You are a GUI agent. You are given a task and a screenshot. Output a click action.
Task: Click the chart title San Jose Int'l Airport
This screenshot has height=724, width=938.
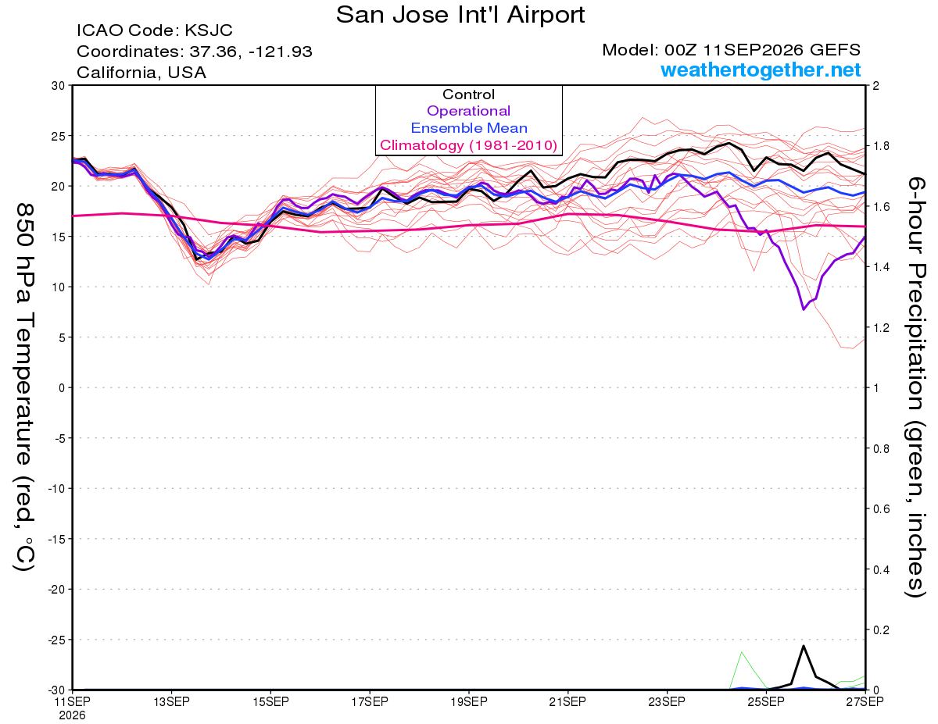pyautogui.click(x=460, y=15)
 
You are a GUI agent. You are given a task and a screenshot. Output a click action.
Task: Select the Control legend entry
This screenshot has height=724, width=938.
pyautogui.click(x=468, y=95)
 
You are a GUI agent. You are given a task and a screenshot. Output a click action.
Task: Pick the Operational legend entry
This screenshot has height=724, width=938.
pyautogui.click(x=468, y=111)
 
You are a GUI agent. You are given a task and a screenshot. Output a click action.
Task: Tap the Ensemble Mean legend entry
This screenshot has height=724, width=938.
pyautogui.click(x=469, y=128)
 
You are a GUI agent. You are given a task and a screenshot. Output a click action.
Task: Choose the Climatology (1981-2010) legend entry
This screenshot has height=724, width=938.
pyautogui.click(x=469, y=145)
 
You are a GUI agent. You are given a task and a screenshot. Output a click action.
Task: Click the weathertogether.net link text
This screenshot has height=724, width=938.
pyautogui.click(x=761, y=70)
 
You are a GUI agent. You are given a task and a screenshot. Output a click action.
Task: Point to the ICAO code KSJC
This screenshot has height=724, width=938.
pyautogui.click(x=209, y=30)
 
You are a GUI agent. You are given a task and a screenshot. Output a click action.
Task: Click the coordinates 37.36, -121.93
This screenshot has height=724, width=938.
pyautogui.click(x=251, y=52)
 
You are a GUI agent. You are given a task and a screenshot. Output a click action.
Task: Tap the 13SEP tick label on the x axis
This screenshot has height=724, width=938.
pyautogui.click(x=172, y=701)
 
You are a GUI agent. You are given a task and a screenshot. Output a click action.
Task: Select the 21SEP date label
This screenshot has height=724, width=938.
pyautogui.click(x=567, y=701)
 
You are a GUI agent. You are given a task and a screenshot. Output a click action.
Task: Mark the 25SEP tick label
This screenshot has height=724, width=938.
pyautogui.click(x=766, y=701)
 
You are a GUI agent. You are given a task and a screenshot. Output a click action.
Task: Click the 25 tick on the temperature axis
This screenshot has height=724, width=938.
pyautogui.click(x=59, y=136)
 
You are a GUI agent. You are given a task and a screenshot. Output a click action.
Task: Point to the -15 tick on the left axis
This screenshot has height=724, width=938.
pyautogui.click(x=56, y=539)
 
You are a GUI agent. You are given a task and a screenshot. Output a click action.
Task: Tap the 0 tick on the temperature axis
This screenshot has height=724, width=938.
pyautogui.click(x=62, y=388)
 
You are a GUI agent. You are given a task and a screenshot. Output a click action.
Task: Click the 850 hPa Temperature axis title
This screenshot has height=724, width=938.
pyautogui.click(x=24, y=387)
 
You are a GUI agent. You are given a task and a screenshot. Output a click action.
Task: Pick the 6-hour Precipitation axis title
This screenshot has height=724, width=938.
pyautogui.click(x=915, y=387)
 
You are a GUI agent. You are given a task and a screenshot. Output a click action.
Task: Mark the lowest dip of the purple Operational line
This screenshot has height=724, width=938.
pyautogui.click(x=804, y=309)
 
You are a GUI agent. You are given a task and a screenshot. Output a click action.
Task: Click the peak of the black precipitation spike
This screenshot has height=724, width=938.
pyautogui.click(x=804, y=646)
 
